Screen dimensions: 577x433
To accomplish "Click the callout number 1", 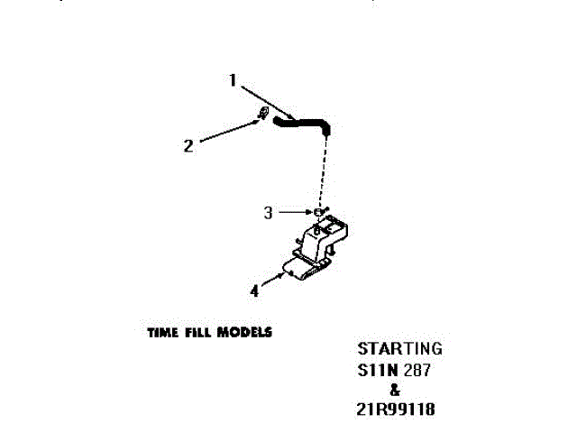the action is (x=232, y=80).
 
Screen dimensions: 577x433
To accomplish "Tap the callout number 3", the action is (x=268, y=213).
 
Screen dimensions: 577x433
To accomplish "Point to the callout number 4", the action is (x=255, y=290).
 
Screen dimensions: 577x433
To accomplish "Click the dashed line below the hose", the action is (x=323, y=171).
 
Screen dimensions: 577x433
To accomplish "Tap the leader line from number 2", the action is (x=225, y=130).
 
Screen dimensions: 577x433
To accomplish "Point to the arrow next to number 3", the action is (x=293, y=212).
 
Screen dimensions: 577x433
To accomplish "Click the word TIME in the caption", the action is (x=163, y=332).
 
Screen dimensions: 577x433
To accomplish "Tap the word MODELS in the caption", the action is (x=245, y=332).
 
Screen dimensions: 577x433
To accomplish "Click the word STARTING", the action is (x=399, y=348).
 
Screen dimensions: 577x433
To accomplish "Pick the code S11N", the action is (x=378, y=370).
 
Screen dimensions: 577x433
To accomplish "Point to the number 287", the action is (x=416, y=370).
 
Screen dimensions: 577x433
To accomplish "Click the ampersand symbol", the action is (x=394, y=390).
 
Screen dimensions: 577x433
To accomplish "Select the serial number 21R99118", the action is (x=397, y=410).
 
